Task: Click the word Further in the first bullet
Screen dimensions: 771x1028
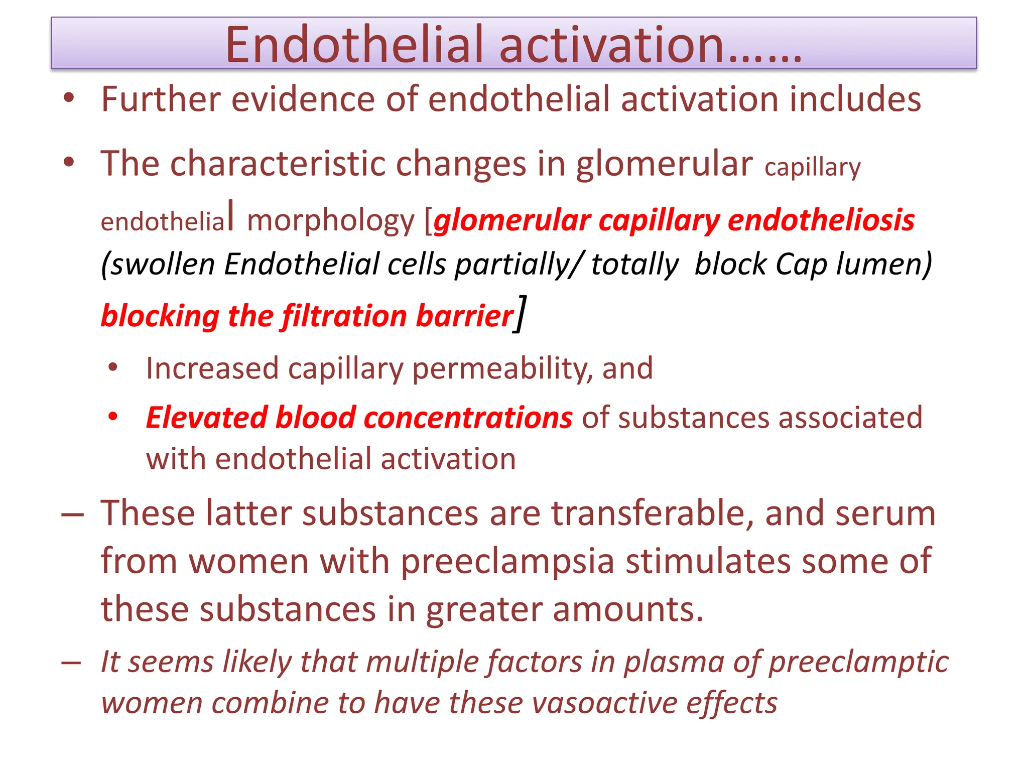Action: coord(161,99)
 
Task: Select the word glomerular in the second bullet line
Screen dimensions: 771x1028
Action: coord(664,164)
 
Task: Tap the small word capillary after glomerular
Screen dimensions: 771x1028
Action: coord(812,168)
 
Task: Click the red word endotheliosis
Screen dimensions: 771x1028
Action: coord(821,220)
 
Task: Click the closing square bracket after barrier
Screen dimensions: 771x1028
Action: coord(521,314)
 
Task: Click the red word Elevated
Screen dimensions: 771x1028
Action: coord(206,418)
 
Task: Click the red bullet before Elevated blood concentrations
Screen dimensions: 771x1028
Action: coord(113,417)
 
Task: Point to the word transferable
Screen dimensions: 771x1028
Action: coord(652,513)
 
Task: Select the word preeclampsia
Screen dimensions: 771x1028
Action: coord(507,561)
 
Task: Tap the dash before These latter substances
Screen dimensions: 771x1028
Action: coord(72,516)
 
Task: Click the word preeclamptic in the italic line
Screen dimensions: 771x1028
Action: coord(858,662)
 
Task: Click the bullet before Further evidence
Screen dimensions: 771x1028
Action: coord(69,98)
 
